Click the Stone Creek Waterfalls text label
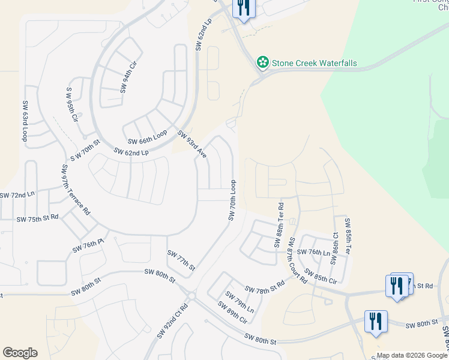(x=314, y=63)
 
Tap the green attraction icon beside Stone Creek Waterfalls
(x=262, y=62)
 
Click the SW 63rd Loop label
(x=25, y=122)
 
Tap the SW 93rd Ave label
(x=191, y=145)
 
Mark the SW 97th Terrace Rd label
(x=74, y=190)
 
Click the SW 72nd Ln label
(x=17, y=196)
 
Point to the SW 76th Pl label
(x=88, y=246)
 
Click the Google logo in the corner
(x=20, y=353)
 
